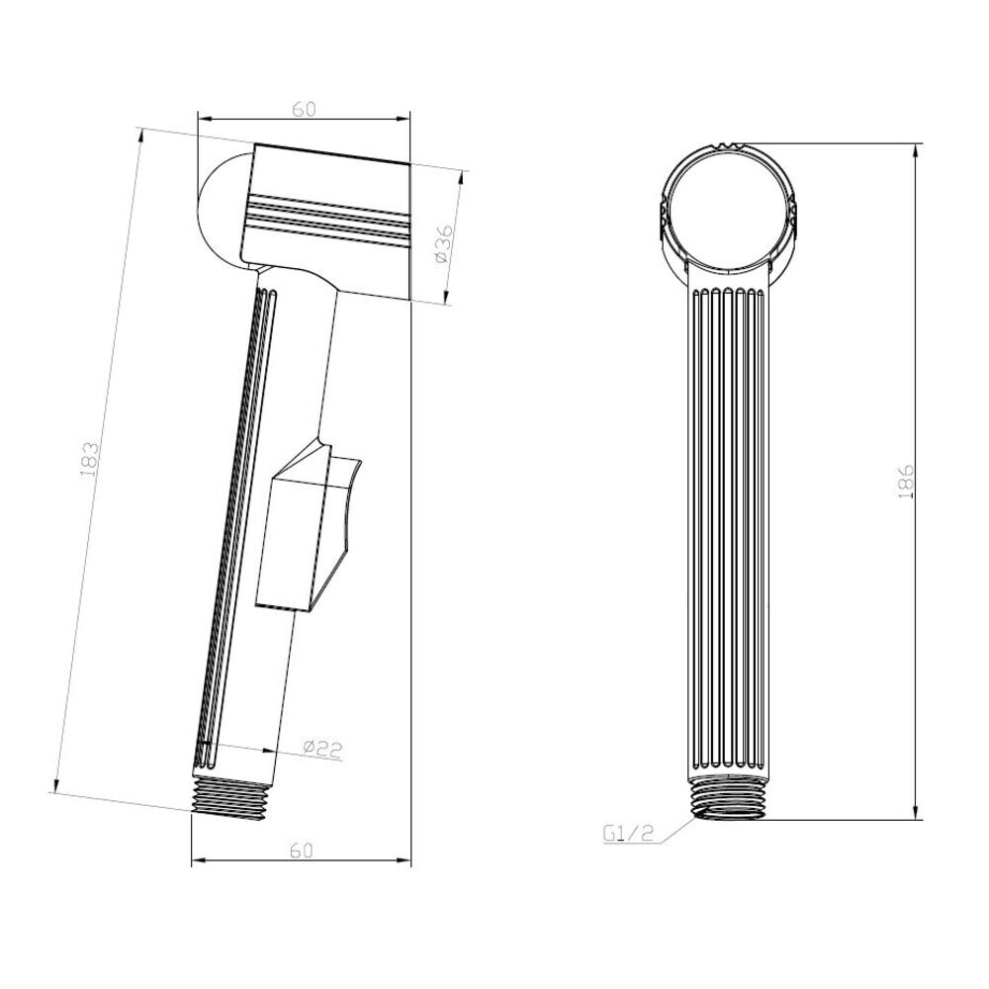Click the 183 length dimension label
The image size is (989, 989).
(x=90, y=459)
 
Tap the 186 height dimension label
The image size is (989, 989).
(x=905, y=483)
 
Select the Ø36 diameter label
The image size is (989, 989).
(x=443, y=243)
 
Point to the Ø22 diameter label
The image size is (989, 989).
(x=322, y=749)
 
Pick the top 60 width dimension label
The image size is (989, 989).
(x=304, y=109)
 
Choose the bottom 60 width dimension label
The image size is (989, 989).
(x=302, y=851)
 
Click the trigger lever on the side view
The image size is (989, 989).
(x=308, y=527)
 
